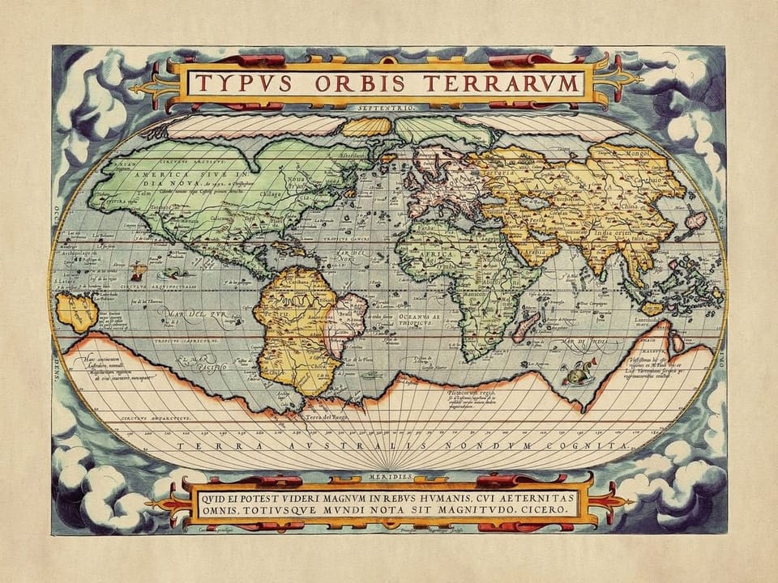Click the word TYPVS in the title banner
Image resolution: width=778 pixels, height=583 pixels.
236,83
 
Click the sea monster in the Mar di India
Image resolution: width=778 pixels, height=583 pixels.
576,374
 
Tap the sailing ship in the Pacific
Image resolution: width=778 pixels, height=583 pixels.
139,272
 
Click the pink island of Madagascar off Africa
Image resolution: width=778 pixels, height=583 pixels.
523,326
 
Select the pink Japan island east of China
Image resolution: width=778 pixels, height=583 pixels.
695,219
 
